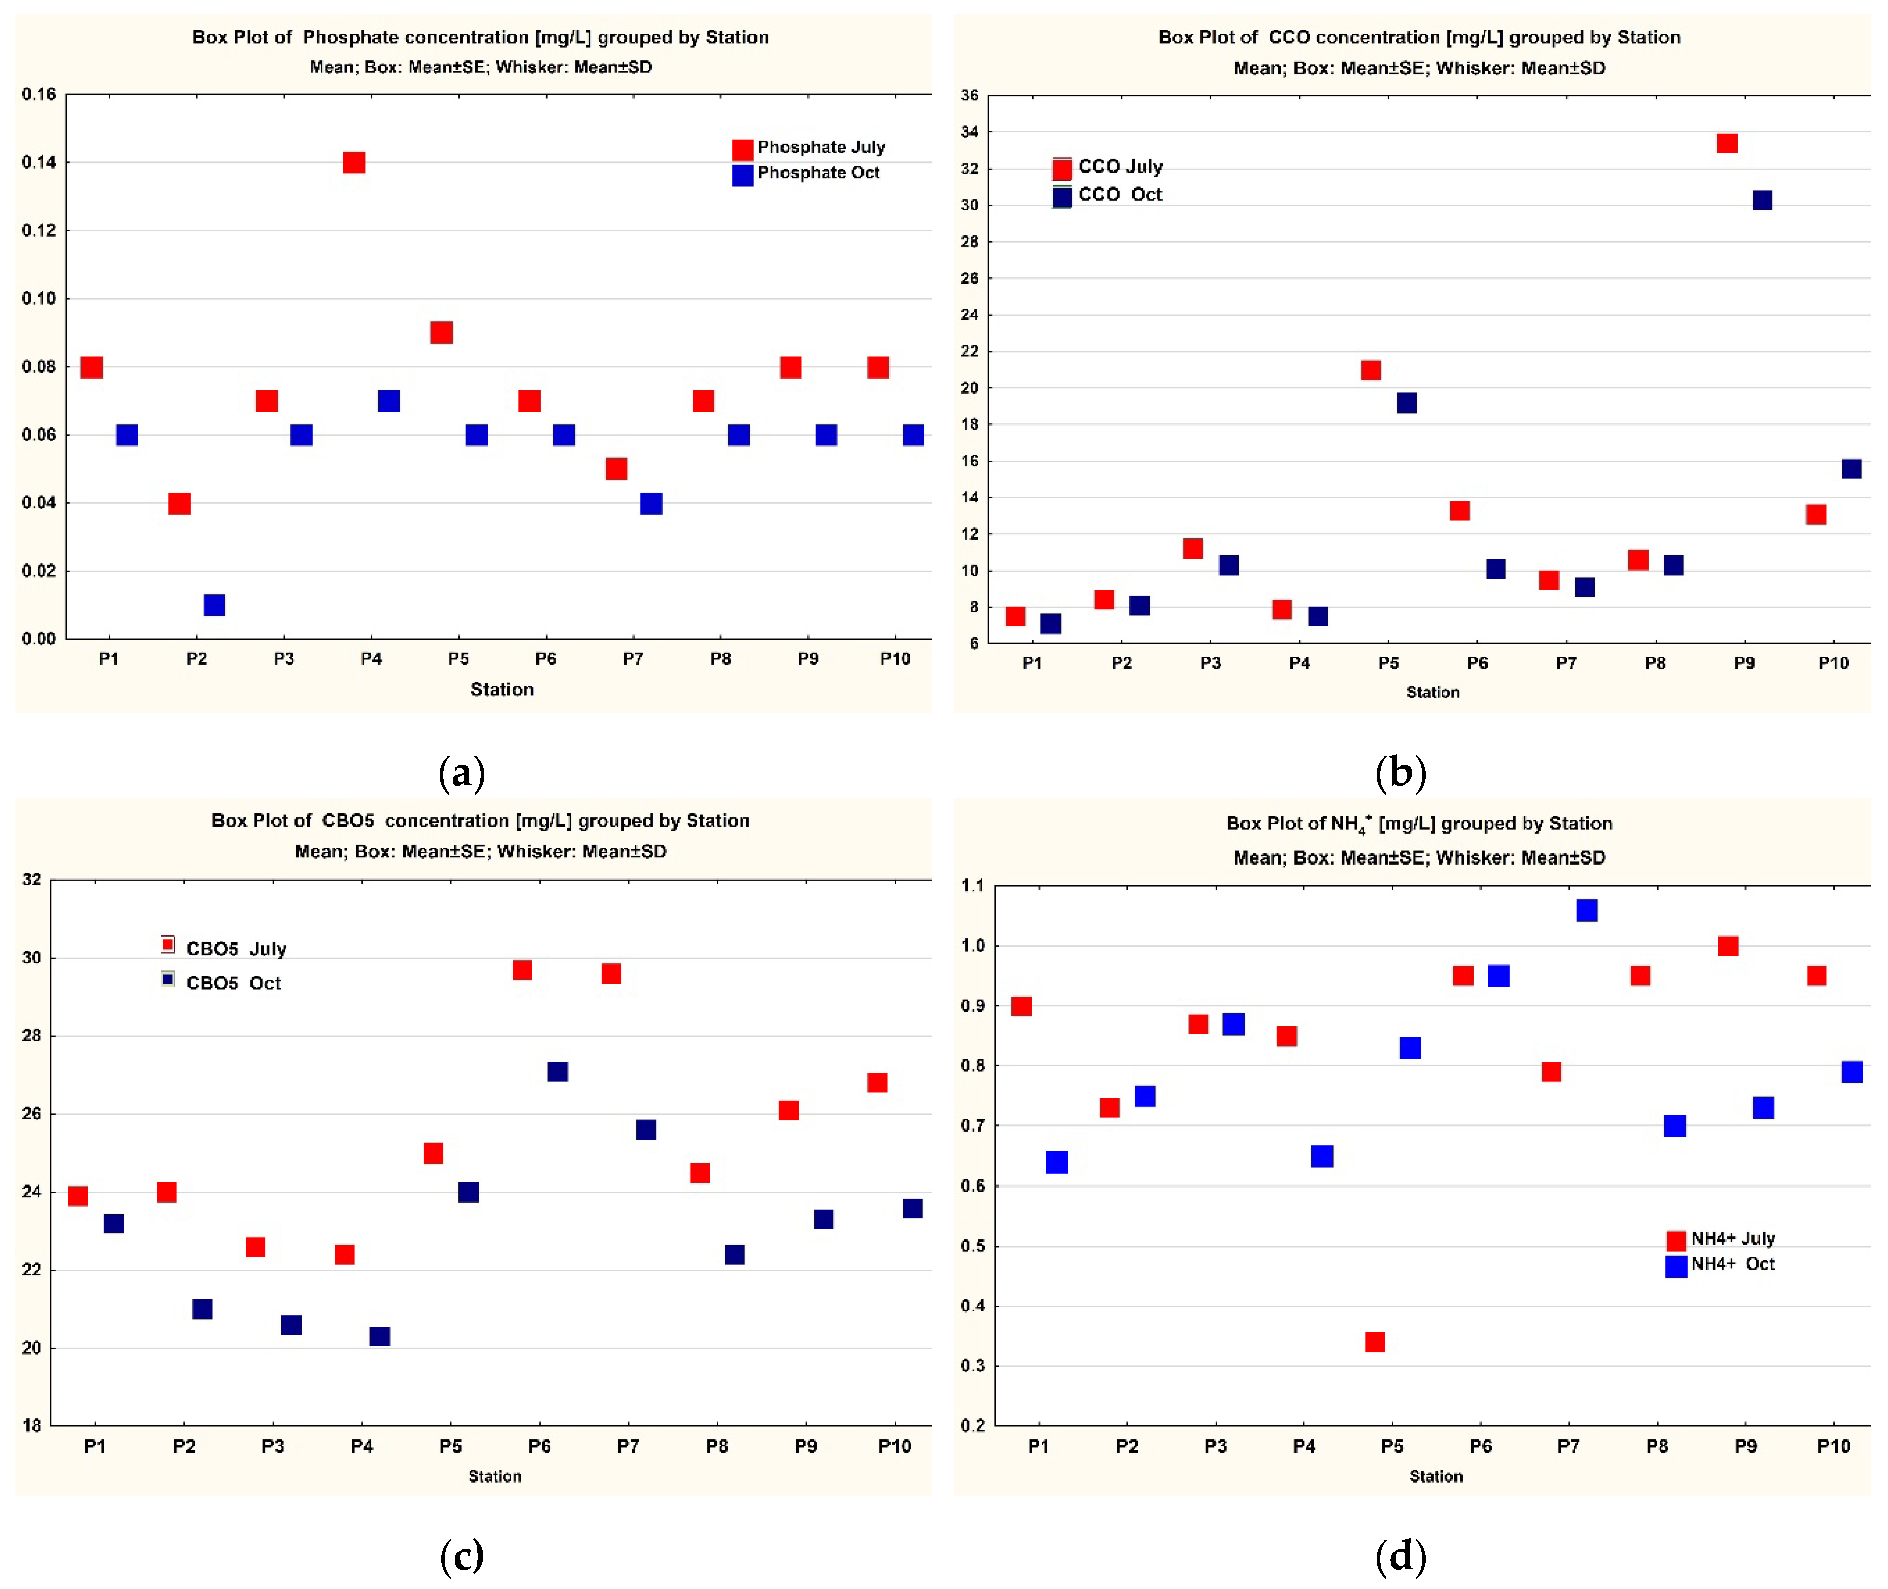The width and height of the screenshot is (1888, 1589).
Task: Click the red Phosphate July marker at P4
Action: click(x=354, y=162)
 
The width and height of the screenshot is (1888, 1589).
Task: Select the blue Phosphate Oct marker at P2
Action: click(x=214, y=604)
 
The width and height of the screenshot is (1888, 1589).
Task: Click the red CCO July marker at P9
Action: click(x=1726, y=143)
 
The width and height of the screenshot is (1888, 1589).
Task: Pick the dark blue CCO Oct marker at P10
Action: click(x=1850, y=468)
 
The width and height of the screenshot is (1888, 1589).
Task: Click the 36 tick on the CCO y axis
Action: click(x=969, y=95)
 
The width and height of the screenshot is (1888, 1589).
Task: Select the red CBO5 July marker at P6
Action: click(x=522, y=970)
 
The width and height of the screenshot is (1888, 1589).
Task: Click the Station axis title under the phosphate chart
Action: click(x=502, y=689)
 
